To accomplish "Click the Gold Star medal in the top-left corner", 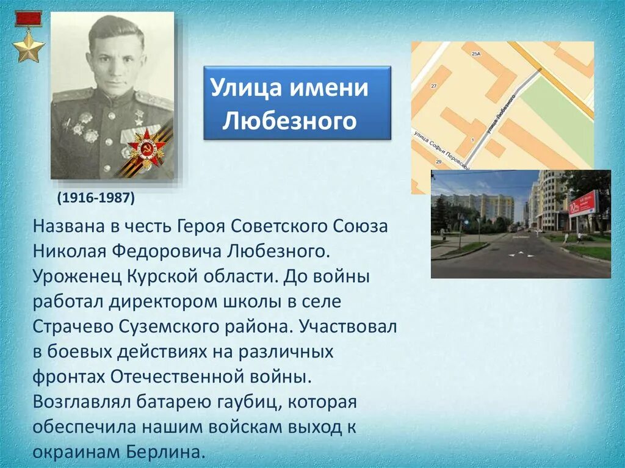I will tap(29, 48).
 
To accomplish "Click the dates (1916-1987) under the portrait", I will tap(96, 198).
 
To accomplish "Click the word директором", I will tap(167, 301).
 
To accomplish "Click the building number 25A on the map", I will tap(476, 54).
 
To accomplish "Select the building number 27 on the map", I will tap(433, 86).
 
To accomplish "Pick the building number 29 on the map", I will tap(438, 161).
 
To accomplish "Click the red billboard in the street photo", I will tap(583, 204).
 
